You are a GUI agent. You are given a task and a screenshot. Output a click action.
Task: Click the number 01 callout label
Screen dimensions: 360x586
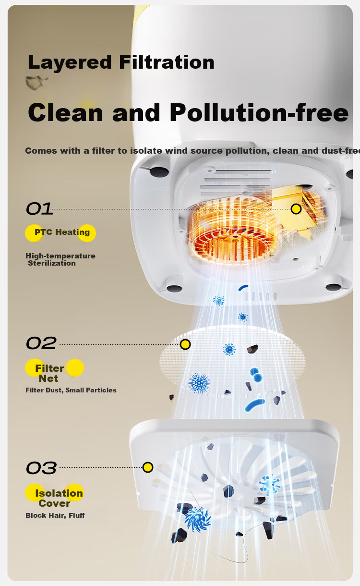click(39, 209)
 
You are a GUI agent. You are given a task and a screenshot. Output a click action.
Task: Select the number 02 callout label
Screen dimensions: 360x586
click(41, 343)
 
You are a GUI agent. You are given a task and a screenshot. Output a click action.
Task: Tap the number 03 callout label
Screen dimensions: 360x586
click(41, 468)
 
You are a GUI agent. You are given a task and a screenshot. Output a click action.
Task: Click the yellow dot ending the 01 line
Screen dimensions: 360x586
click(296, 209)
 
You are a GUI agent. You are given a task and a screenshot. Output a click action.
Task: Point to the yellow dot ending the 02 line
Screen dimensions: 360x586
click(185, 344)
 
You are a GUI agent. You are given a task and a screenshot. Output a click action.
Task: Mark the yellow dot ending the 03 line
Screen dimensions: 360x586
click(148, 467)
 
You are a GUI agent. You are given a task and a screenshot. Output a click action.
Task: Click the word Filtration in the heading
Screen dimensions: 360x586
click(167, 62)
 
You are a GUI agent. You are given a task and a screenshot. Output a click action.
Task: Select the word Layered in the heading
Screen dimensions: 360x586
click(70, 63)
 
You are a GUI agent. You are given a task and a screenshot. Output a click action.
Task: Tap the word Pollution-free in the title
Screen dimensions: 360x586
click(259, 112)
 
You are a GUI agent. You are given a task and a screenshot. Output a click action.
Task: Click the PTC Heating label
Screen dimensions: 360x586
click(62, 232)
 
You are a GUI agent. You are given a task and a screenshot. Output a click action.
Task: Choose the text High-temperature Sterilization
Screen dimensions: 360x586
click(60, 259)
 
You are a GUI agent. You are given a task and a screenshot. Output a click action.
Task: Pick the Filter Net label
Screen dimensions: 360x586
click(49, 373)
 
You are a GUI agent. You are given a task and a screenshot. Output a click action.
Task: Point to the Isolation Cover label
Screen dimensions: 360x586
click(59, 498)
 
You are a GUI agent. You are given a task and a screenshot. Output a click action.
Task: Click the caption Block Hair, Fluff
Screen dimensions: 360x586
click(55, 515)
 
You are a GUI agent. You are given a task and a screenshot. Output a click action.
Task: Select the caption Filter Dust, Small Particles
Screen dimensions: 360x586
click(71, 390)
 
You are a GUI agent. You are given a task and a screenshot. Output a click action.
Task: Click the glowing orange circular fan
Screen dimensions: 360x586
click(233, 233)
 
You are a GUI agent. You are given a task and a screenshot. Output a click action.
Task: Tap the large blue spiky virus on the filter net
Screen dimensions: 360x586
click(199, 383)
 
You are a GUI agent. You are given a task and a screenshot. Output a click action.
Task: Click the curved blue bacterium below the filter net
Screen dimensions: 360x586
click(255, 405)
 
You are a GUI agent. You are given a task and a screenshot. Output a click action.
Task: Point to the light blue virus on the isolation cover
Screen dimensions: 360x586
click(270, 484)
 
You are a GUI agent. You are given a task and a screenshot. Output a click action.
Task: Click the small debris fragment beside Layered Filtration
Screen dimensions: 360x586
click(36, 83)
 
